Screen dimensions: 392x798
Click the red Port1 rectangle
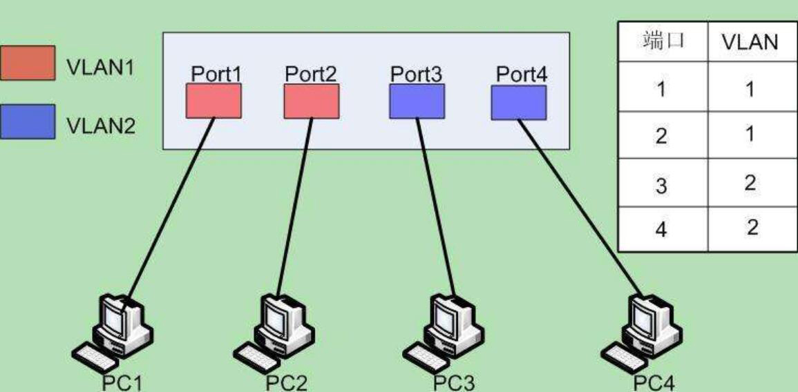[x=213, y=101]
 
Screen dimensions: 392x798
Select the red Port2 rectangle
[x=312, y=101]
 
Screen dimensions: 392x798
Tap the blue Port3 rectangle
[x=417, y=101]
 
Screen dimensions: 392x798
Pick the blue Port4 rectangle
[x=519, y=102]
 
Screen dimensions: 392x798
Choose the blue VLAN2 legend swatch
[x=28, y=121]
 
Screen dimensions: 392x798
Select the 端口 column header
[x=662, y=41]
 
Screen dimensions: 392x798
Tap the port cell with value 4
[x=661, y=228]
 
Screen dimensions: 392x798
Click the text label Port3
[x=416, y=74]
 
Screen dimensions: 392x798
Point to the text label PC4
[x=654, y=383]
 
